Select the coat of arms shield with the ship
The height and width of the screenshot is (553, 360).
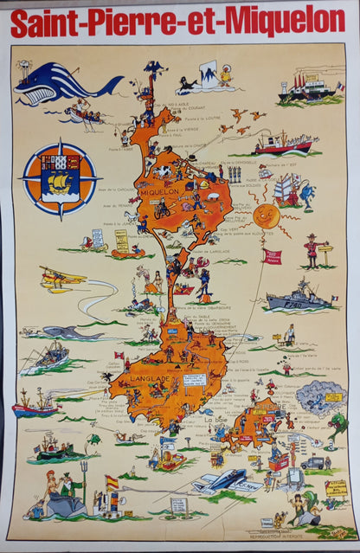point(61,180)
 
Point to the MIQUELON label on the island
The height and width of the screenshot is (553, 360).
point(157,191)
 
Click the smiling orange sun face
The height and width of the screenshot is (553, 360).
point(267,216)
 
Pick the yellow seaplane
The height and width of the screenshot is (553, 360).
point(62,279)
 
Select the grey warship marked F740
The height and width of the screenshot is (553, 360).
point(299,298)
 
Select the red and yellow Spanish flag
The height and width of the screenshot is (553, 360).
point(111,482)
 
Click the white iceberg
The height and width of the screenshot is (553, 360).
point(208,74)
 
